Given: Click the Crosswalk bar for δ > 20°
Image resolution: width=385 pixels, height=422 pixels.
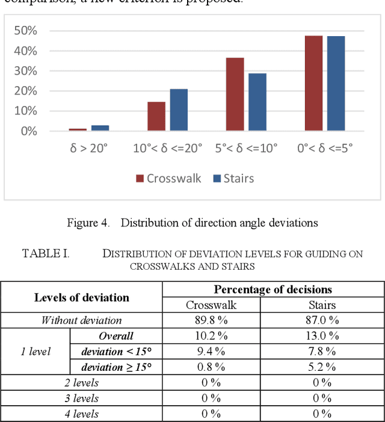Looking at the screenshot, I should click(78, 129).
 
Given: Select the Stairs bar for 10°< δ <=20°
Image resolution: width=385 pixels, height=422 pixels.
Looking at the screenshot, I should click(179, 110).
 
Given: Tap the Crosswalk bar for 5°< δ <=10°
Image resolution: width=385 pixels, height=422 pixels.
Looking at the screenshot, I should click(235, 95).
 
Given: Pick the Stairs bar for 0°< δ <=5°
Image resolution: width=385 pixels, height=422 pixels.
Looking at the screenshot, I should click(336, 84).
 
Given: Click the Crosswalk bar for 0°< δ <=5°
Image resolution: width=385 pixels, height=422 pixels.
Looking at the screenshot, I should click(313, 83).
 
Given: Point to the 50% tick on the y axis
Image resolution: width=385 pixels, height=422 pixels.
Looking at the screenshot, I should click(26, 31).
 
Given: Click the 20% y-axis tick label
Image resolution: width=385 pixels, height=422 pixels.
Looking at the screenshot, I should click(26, 91).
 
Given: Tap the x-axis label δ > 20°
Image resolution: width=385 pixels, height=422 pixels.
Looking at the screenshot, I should click(88, 148).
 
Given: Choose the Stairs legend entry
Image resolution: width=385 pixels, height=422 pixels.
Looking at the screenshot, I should click(233, 178).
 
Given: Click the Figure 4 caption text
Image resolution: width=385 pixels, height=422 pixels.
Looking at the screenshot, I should click(192, 223).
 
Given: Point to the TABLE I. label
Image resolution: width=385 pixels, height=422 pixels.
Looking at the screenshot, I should click(46, 253).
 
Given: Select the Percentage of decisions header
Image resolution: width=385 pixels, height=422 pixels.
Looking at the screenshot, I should click(273, 290).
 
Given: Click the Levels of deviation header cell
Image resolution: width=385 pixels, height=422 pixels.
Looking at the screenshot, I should click(81, 297).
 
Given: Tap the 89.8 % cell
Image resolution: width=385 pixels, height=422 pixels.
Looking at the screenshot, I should click(214, 320).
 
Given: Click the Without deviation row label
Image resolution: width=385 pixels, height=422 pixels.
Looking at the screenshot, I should click(81, 320).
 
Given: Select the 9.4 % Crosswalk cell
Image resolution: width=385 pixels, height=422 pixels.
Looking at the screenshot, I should click(214, 351).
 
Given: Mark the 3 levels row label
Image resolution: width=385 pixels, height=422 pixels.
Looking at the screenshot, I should click(81, 398).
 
